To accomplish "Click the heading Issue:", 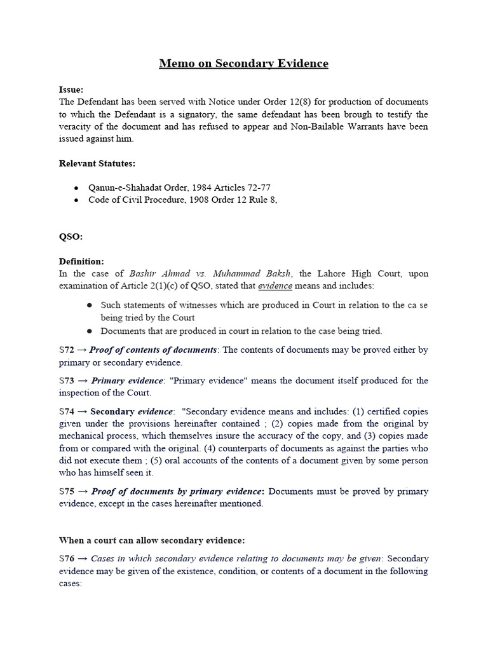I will pyautogui.click(x=71, y=90).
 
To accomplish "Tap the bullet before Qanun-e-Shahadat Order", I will pyautogui.click(x=76, y=188).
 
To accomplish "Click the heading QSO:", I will pyautogui.click(x=71, y=236).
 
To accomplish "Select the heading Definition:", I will pyautogui.click(x=81, y=261).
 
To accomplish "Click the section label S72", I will pyautogui.click(x=66, y=350).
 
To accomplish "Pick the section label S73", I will pyautogui.click(x=66, y=380).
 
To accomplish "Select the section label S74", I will pyautogui.click(x=66, y=411).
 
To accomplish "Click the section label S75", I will pyautogui.click(x=66, y=491).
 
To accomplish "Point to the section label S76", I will pyautogui.click(x=66, y=558).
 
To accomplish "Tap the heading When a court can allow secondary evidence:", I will pyautogui.click(x=152, y=540).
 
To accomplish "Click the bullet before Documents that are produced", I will pyautogui.click(x=90, y=331).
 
